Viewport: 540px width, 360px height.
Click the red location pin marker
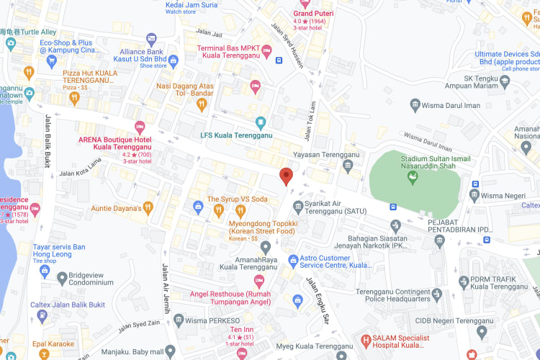(286, 176)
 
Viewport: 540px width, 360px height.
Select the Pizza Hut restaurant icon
(29, 72)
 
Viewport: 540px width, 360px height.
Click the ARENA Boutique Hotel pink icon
(140, 127)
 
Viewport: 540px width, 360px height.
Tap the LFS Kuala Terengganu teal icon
(261, 122)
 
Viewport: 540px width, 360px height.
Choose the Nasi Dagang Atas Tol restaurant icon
(202, 104)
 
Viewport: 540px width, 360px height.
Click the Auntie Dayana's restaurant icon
(148, 208)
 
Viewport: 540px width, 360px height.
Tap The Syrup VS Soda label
(237, 199)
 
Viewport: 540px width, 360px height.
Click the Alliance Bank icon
(151, 39)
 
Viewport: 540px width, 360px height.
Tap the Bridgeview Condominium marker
(62, 277)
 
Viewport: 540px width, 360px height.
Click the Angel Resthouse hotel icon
(259, 280)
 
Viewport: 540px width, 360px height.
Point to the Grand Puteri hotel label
(313, 13)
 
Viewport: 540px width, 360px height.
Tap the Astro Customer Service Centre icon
(292, 260)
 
